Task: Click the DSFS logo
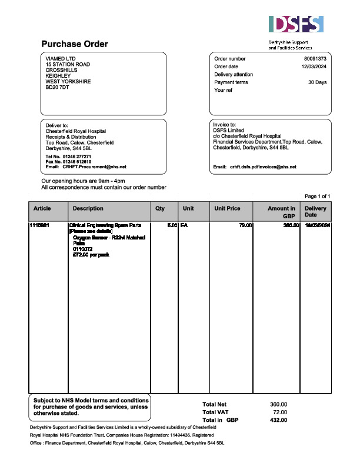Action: pyautogui.click(x=296, y=24)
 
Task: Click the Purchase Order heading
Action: pyautogui.click(x=75, y=44)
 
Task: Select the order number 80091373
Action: pyautogui.click(x=315, y=59)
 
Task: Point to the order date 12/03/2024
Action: pyautogui.click(x=314, y=66)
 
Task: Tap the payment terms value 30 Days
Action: pyautogui.click(x=318, y=82)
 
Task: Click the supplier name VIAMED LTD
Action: pyautogui.click(x=61, y=59)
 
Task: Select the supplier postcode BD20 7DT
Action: pyautogui.click(x=57, y=87)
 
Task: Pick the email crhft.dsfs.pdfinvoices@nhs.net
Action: pyautogui.click(x=264, y=167)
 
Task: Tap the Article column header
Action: pyautogui.click(x=42, y=209)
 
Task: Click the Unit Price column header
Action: pyautogui.click(x=227, y=209)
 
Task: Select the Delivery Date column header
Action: pyautogui.click(x=316, y=212)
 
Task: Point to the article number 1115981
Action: pyautogui.click(x=42, y=225)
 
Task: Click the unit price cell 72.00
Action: pyautogui.click(x=245, y=225)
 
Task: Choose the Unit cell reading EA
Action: pyautogui.click(x=184, y=225)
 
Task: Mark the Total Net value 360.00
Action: pyautogui.click(x=278, y=404)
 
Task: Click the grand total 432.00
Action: pyautogui.click(x=278, y=420)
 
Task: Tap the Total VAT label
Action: pyautogui.click(x=215, y=412)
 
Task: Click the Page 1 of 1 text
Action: pyautogui.click(x=318, y=196)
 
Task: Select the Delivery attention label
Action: pyautogui.click(x=234, y=75)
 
